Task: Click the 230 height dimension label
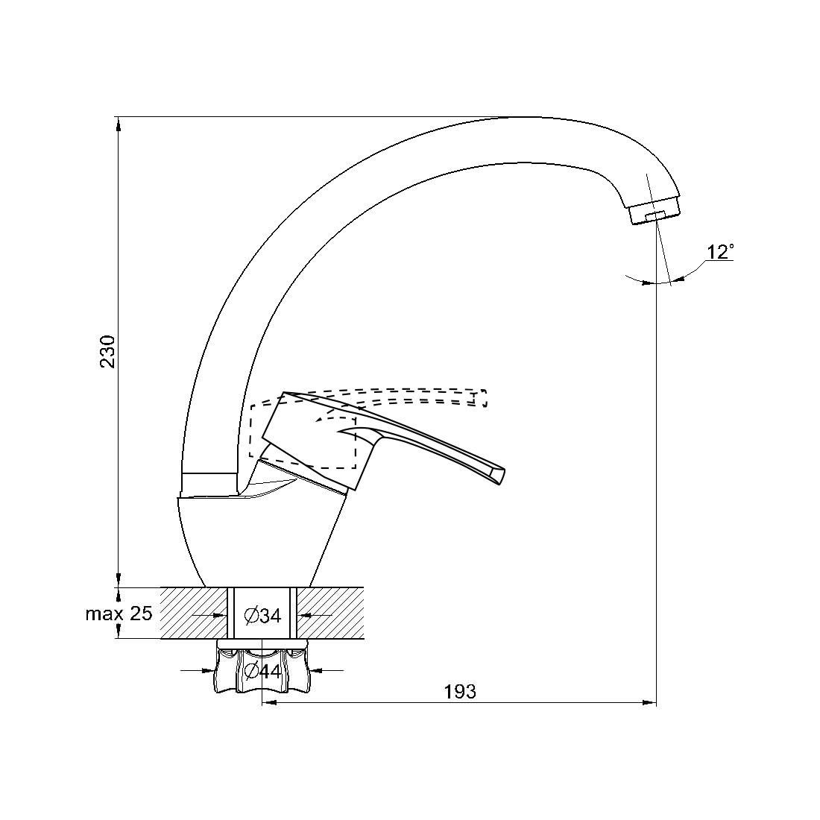(x=107, y=351)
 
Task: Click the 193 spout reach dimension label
(x=460, y=691)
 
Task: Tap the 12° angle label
(x=720, y=252)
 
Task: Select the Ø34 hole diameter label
(x=262, y=616)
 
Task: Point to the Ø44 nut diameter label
(x=262, y=670)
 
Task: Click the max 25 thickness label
(x=119, y=613)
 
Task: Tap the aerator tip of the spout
(x=655, y=210)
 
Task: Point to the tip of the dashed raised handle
(x=482, y=398)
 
